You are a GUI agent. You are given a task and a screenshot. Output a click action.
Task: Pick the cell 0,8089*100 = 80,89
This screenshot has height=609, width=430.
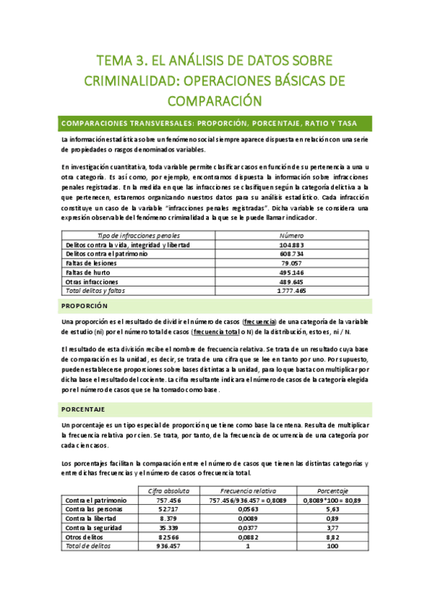tap(333, 501)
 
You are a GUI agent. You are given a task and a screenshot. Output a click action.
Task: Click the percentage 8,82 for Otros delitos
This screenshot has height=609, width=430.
tap(333, 536)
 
